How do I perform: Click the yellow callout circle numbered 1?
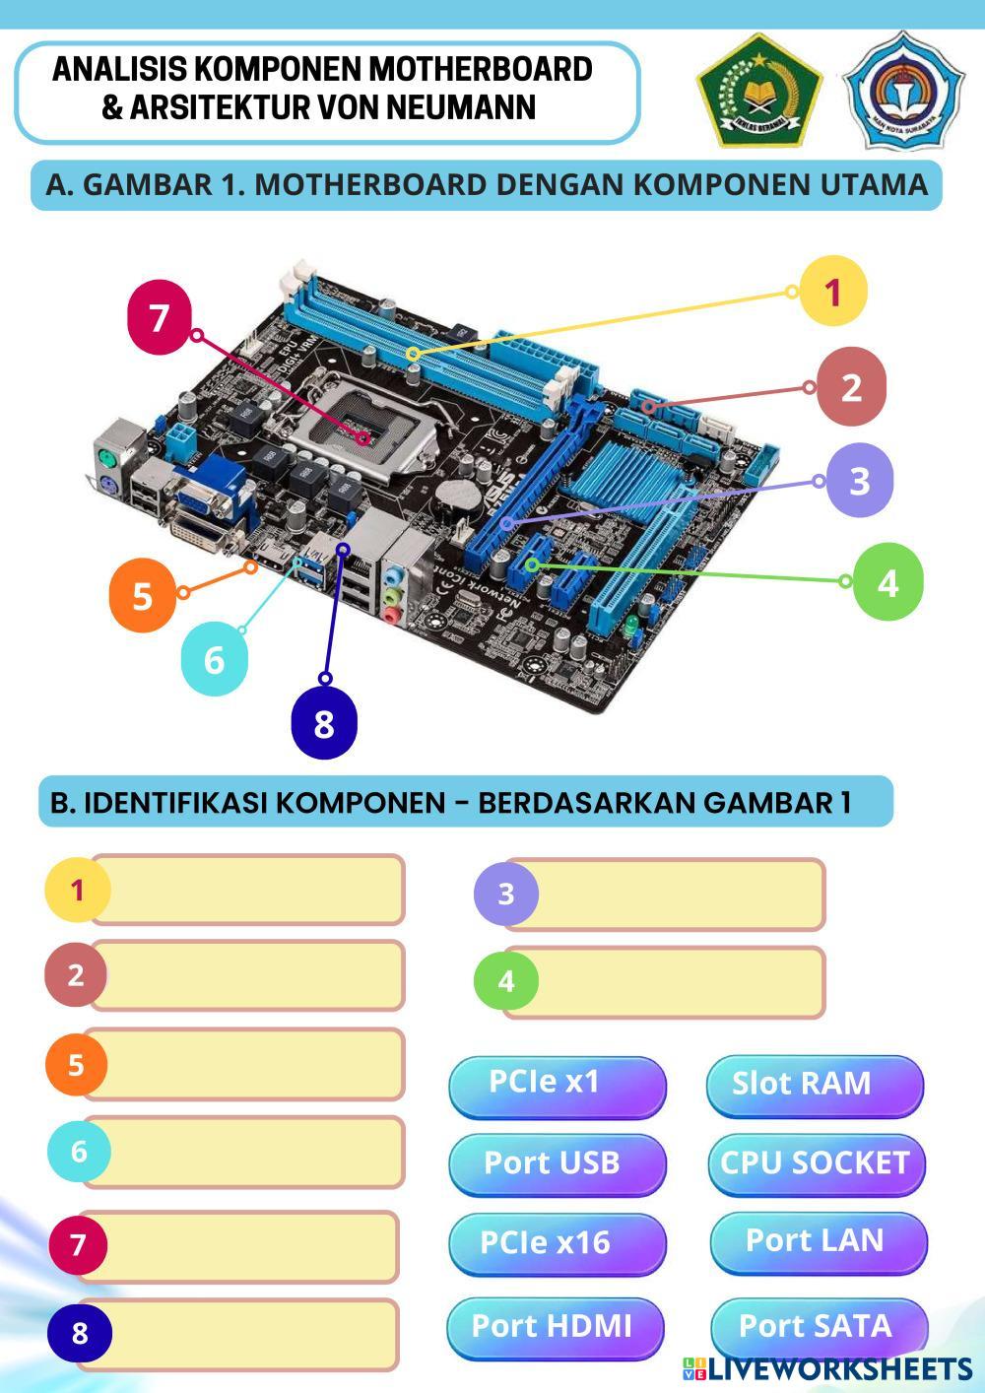[x=832, y=292]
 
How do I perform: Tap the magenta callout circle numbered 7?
[x=161, y=317]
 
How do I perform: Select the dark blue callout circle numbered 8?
[x=324, y=724]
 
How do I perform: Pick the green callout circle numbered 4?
[x=887, y=582]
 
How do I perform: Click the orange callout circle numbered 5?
[x=142, y=596]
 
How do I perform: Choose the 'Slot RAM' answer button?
[x=815, y=1085]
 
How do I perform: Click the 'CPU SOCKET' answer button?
[x=816, y=1163]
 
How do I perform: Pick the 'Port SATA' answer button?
[x=818, y=1327]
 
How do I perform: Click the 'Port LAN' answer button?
[x=818, y=1241]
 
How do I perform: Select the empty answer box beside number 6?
[x=246, y=1152]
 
